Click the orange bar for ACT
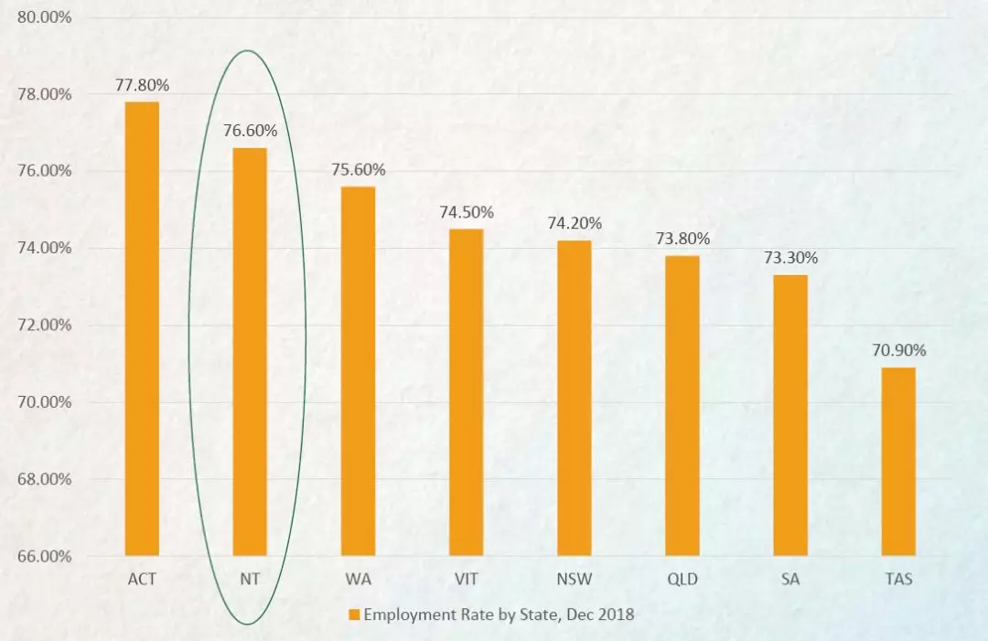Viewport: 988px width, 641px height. point(142,328)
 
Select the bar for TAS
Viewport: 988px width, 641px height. point(898,462)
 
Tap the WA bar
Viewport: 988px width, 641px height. point(358,371)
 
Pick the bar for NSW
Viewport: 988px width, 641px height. point(575,398)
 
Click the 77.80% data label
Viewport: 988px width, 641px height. point(142,86)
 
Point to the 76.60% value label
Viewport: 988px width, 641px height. point(250,131)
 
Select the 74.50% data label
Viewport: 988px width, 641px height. point(467,212)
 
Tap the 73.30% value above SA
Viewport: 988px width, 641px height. point(790,258)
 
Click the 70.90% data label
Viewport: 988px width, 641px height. point(898,350)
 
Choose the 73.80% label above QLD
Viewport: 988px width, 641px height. point(682,239)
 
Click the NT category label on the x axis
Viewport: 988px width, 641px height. point(250,579)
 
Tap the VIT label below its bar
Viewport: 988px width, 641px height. point(467,579)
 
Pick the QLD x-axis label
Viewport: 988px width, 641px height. point(682,579)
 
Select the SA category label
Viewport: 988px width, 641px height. point(790,579)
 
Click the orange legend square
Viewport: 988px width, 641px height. point(354,614)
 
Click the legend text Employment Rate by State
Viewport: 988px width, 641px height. point(499,614)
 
